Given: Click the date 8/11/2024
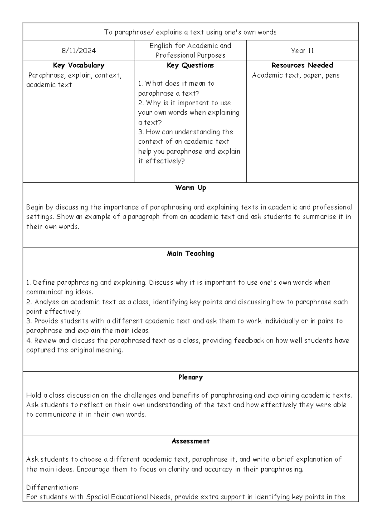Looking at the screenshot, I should [x=79, y=51].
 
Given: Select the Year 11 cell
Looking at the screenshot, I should [x=302, y=51].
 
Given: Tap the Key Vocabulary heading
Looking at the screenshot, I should [x=79, y=65].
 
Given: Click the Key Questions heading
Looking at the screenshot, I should [x=190, y=65].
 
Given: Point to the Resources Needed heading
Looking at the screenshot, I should [x=302, y=65].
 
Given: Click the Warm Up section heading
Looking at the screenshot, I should [x=190, y=188].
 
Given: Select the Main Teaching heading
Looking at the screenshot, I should [x=190, y=253].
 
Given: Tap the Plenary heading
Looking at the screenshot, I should [x=190, y=377].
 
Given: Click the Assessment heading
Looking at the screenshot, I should [x=190, y=441].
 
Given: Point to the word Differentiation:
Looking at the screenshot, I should [x=52, y=487].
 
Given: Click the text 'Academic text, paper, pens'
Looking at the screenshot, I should [x=296, y=75].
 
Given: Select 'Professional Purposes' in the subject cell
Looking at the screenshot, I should [x=190, y=55].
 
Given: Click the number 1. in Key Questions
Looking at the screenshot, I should [x=140, y=83].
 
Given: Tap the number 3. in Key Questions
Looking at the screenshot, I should [x=141, y=132].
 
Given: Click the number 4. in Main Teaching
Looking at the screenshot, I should [x=29, y=340].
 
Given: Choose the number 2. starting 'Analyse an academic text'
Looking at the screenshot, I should [x=29, y=302].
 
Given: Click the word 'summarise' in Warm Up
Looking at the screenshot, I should [x=319, y=217].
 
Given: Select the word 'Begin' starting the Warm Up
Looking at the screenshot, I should [x=35, y=207].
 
